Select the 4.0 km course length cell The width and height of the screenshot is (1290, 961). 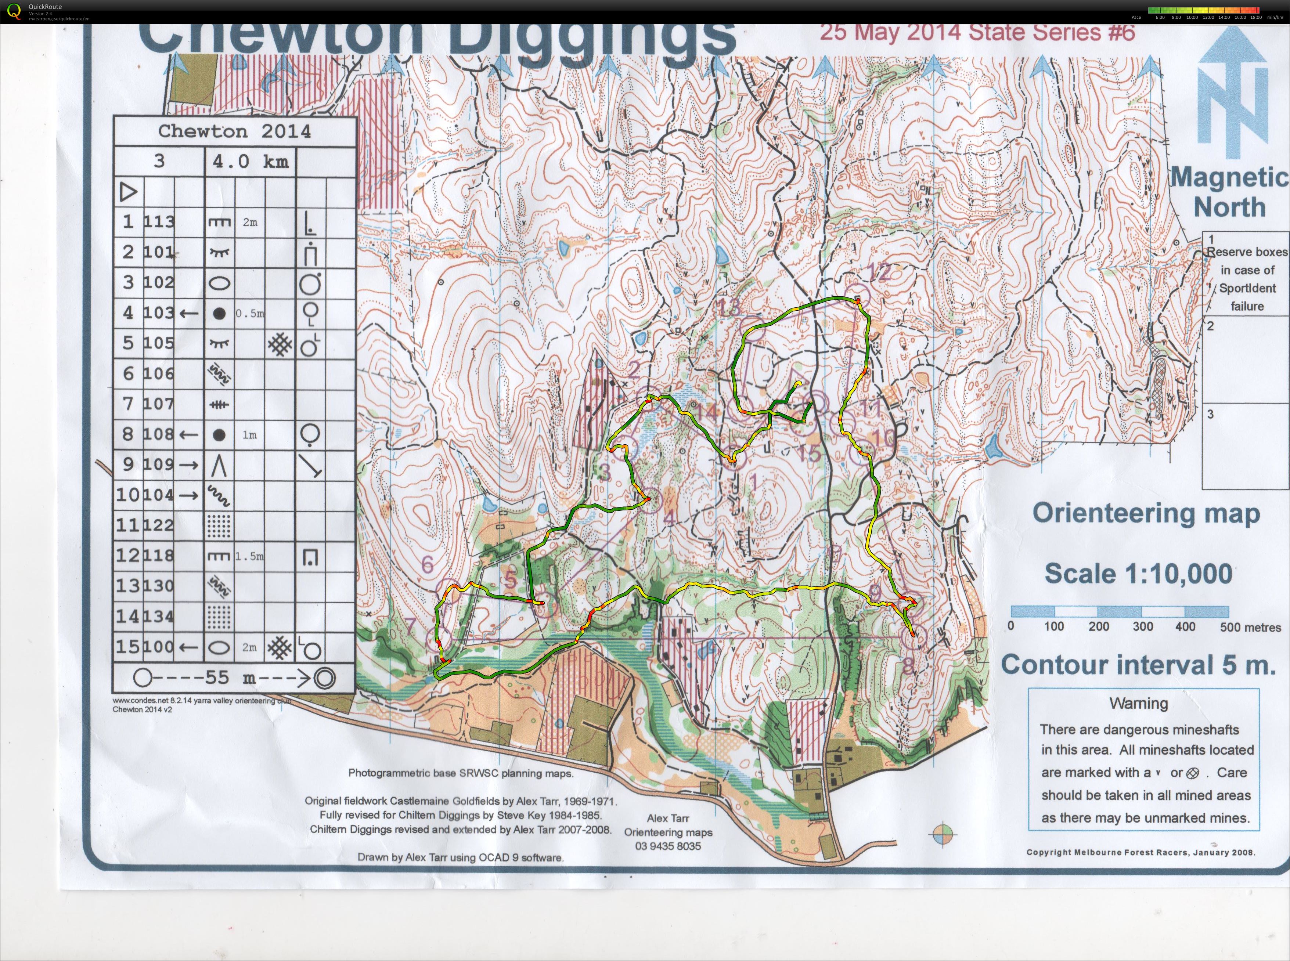pos(250,161)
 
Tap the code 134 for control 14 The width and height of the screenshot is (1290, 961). pos(159,616)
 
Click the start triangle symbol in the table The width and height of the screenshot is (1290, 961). pos(129,192)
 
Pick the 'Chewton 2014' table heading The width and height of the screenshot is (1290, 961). pos(234,131)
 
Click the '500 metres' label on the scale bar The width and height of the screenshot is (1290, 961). pos(1250,628)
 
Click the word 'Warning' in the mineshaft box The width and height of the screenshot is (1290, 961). pos(1138,703)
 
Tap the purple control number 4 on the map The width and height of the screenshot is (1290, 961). pos(670,517)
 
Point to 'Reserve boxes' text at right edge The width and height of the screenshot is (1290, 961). pos(1246,252)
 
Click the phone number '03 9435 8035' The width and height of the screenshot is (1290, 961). pos(668,846)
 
